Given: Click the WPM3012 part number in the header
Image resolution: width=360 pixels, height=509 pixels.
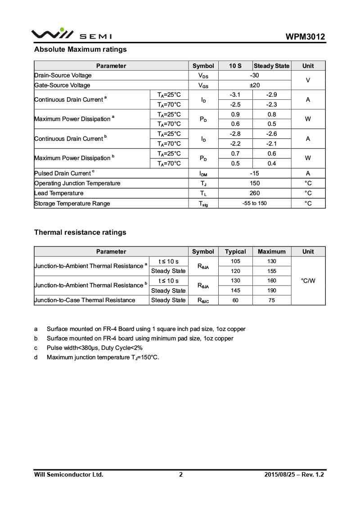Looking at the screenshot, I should click(305, 37).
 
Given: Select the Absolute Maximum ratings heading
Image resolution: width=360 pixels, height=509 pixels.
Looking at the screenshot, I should click(81, 49).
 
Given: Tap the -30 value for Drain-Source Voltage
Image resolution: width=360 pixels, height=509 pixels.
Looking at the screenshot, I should click(254, 76).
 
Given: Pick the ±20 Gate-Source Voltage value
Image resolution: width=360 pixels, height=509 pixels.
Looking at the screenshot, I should click(254, 85).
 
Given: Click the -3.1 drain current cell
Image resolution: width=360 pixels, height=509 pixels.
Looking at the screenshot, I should click(235, 95).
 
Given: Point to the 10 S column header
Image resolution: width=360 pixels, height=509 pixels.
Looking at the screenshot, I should click(235, 66).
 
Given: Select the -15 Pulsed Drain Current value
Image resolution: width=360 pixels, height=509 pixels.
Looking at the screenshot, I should click(254, 173).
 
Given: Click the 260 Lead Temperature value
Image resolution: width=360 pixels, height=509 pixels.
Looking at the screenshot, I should click(254, 193).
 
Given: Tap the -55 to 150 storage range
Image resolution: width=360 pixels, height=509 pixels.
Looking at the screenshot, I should click(254, 203).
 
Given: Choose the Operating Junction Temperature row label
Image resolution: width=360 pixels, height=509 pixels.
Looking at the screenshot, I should click(77, 183).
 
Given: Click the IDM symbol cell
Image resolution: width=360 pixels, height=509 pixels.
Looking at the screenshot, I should click(203, 174).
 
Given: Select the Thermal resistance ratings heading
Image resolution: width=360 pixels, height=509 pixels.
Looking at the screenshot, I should click(80, 232).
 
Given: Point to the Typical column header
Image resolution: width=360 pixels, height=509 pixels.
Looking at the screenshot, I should click(235, 251).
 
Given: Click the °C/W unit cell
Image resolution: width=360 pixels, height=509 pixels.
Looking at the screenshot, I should click(308, 281).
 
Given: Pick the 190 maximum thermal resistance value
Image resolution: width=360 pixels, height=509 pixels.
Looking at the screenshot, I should click(272, 290).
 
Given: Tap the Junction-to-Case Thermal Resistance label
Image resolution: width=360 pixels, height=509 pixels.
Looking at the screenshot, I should click(85, 300).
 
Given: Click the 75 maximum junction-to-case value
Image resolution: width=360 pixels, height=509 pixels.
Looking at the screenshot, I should click(272, 300).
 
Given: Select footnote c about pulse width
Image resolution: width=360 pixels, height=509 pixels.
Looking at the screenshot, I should click(94, 348).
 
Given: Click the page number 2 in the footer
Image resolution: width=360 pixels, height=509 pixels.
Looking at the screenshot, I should click(181, 474).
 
